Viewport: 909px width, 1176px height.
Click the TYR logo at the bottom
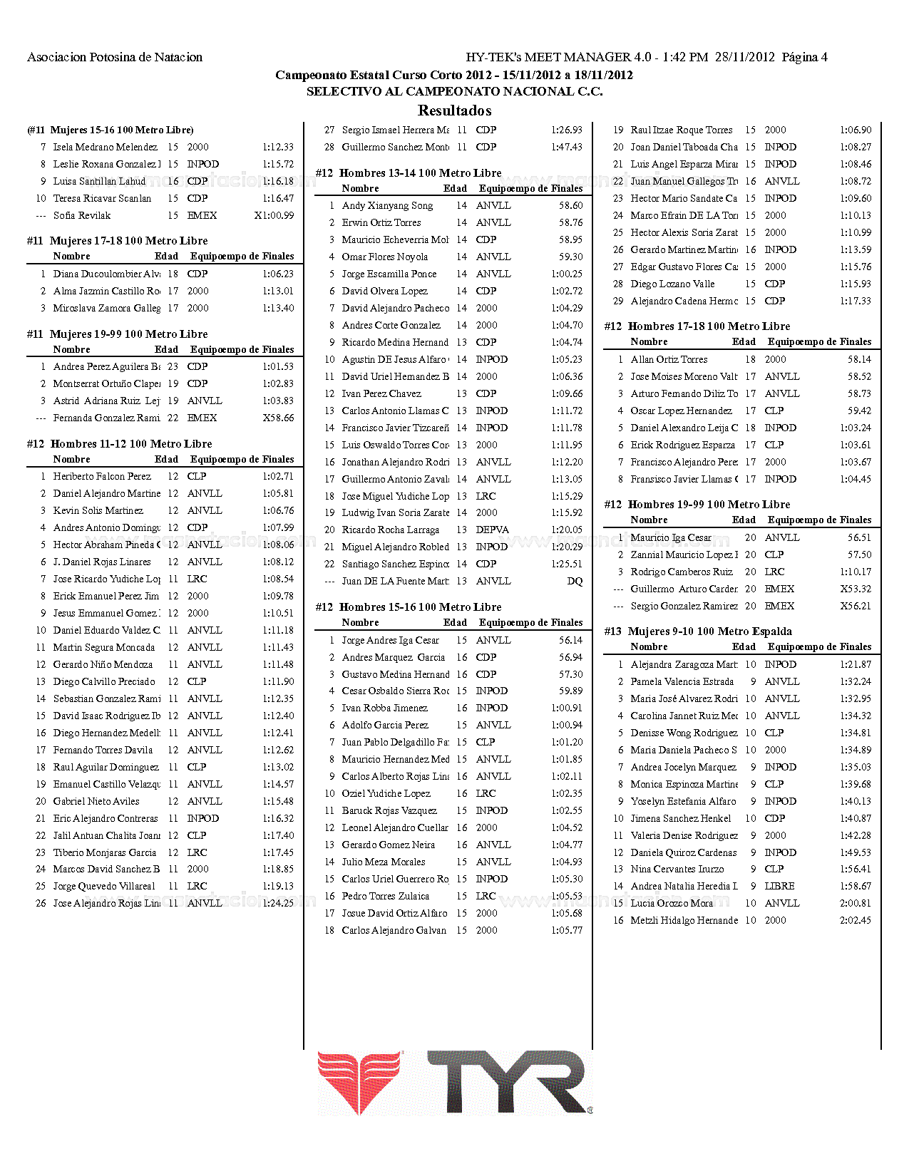tap(455, 1082)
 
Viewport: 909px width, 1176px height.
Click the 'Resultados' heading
tap(454, 110)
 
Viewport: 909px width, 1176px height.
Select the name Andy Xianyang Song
tap(387, 205)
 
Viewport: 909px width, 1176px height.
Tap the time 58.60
tap(570, 205)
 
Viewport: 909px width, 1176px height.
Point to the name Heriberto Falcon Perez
tap(102, 476)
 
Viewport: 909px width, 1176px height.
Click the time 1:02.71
tap(278, 476)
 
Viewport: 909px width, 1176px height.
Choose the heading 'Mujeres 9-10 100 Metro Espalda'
tap(709, 631)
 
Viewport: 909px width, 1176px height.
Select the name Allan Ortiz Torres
tap(669, 359)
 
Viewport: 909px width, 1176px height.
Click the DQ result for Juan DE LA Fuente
tap(575, 581)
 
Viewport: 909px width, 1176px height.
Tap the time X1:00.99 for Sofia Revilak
tap(274, 215)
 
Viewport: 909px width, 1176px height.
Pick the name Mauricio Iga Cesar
tap(671, 537)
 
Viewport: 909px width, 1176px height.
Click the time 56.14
tap(570, 640)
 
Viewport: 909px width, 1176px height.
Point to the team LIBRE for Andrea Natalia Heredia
tap(779, 886)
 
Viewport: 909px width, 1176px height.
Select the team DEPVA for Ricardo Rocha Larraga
tap(492, 530)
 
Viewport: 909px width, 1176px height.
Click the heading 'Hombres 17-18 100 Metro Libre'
tap(709, 326)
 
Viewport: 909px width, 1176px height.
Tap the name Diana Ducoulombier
tap(106, 274)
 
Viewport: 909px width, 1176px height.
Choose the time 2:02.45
tap(855, 920)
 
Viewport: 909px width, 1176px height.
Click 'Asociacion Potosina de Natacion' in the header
tap(115, 57)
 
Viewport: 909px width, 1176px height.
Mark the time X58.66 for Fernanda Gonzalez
tap(278, 418)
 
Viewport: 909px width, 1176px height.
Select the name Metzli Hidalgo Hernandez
tap(684, 920)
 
